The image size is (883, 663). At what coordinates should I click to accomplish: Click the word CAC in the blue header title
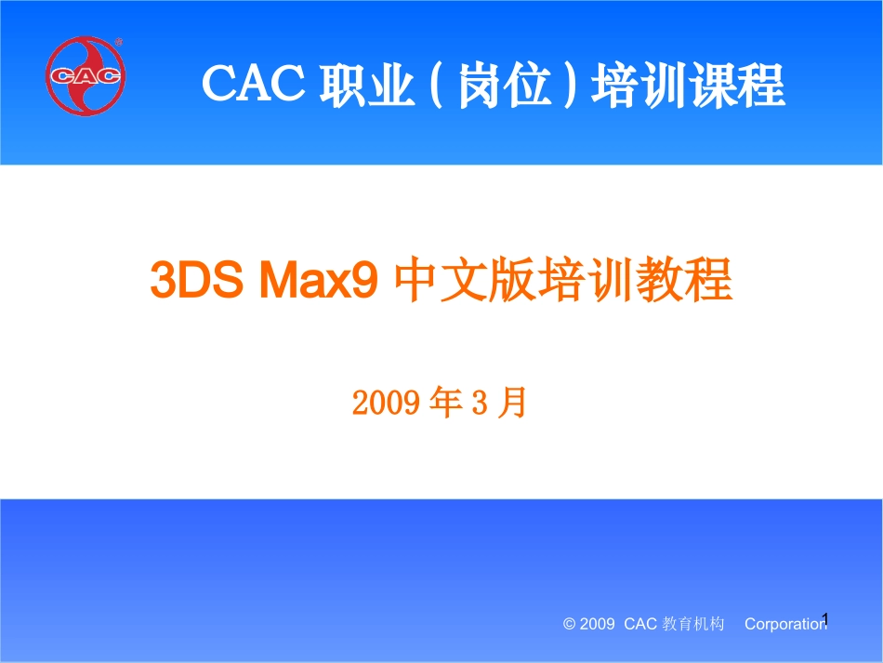click(x=255, y=86)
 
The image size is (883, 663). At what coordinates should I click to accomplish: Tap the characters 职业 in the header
click(x=366, y=86)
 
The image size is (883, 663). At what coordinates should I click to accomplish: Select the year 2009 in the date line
click(x=381, y=403)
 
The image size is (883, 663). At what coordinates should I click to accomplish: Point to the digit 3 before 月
click(x=480, y=403)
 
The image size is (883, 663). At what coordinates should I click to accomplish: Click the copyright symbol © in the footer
click(x=569, y=625)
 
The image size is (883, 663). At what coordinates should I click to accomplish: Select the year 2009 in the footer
click(x=597, y=625)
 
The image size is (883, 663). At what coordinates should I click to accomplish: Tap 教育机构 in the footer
click(x=692, y=625)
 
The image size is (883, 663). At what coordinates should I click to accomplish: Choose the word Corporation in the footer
click(x=784, y=625)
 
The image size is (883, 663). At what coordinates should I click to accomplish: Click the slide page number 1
click(x=824, y=618)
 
